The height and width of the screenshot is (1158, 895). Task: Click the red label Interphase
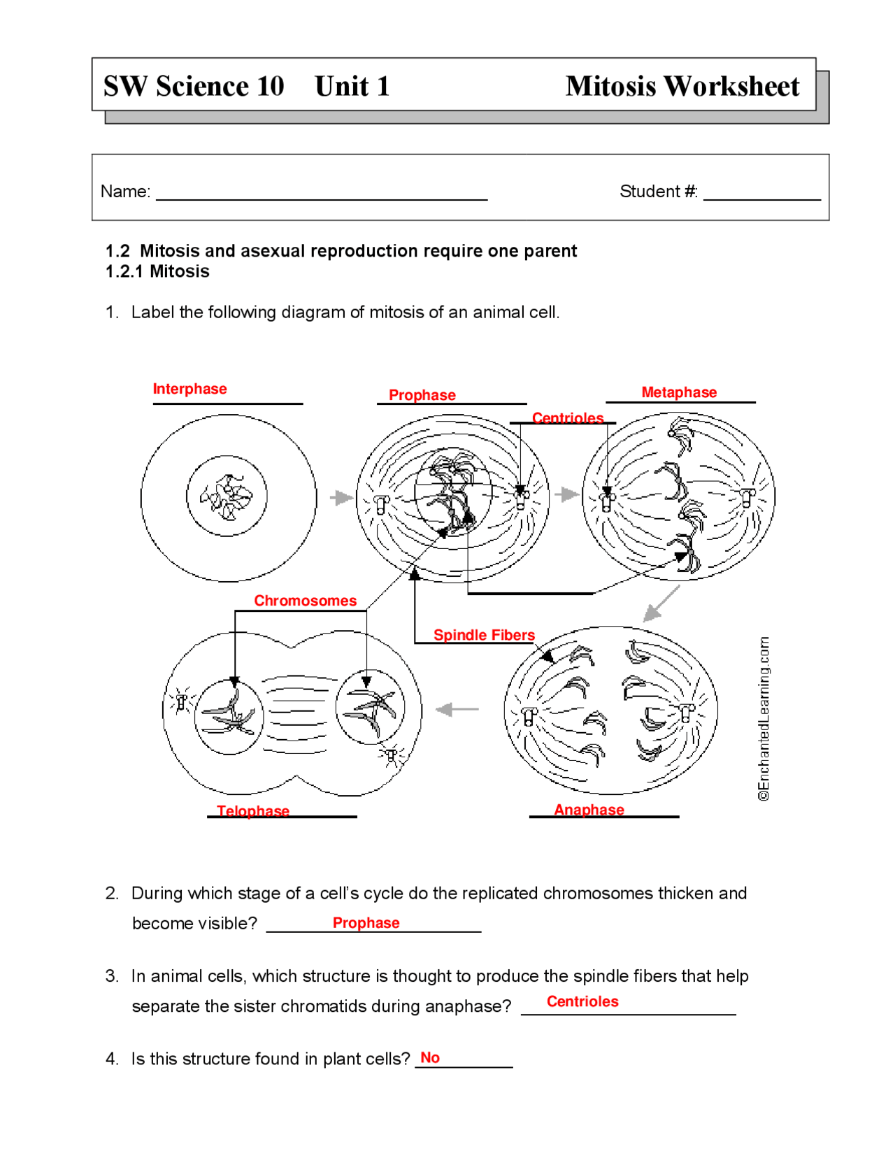[x=189, y=389]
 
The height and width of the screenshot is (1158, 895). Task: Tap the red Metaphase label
[x=678, y=392]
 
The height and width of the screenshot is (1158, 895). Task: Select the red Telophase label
[x=252, y=810]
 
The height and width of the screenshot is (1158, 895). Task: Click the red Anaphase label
[x=589, y=809]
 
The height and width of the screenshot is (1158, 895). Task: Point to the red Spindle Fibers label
[x=484, y=635]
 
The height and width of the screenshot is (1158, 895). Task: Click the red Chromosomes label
[x=305, y=601]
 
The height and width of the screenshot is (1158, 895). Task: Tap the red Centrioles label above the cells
[x=567, y=417]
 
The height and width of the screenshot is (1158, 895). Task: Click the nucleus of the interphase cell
[x=227, y=496]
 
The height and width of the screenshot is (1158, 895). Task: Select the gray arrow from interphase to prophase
[x=341, y=498]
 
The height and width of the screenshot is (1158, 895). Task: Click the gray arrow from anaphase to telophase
[x=457, y=709]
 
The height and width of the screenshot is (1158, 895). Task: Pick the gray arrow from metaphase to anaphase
[x=661, y=603]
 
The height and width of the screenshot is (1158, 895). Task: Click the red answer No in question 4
[x=430, y=1057]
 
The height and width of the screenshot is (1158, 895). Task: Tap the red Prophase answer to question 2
[x=366, y=922]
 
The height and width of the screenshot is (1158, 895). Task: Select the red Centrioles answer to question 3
[x=582, y=1001]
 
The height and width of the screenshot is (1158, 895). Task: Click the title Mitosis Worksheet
[x=682, y=86]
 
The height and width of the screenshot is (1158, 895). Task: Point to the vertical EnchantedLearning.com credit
[x=764, y=718]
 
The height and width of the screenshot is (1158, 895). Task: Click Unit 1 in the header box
[x=352, y=86]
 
